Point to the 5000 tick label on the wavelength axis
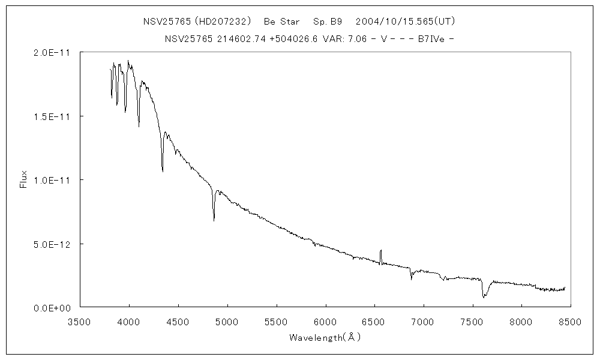point(227,322)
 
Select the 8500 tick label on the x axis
point(569,322)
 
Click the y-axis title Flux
point(24,179)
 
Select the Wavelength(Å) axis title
point(325,337)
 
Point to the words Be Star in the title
point(281,22)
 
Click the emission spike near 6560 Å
point(380,252)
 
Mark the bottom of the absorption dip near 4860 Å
point(214,220)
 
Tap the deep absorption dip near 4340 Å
point(163,170)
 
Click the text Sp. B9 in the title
point(328,22)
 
